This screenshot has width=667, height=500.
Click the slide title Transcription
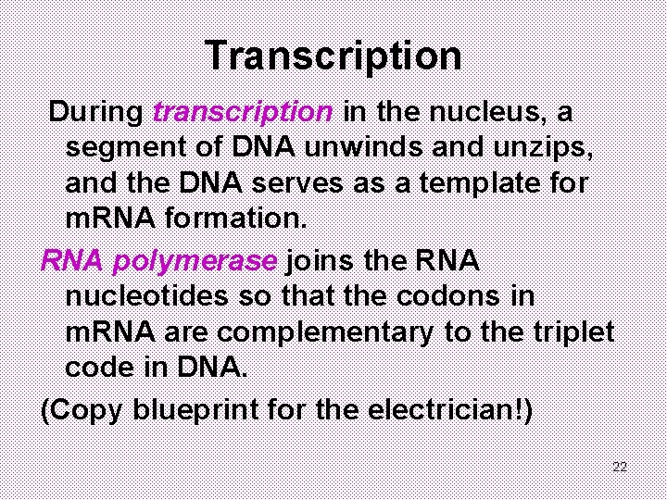coord(333,56)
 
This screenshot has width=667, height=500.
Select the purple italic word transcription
coord(243,113)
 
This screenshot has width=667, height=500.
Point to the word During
coord(96,113)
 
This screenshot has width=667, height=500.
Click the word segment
coord(120,148)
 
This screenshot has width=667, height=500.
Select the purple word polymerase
coord(194,261)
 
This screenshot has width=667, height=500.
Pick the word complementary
coord(325,332)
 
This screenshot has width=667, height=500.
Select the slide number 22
coord(620,467)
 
